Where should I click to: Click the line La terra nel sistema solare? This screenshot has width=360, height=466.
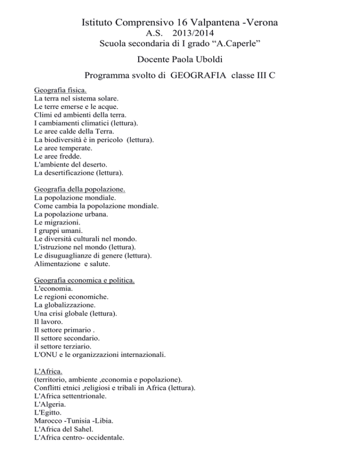76,99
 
